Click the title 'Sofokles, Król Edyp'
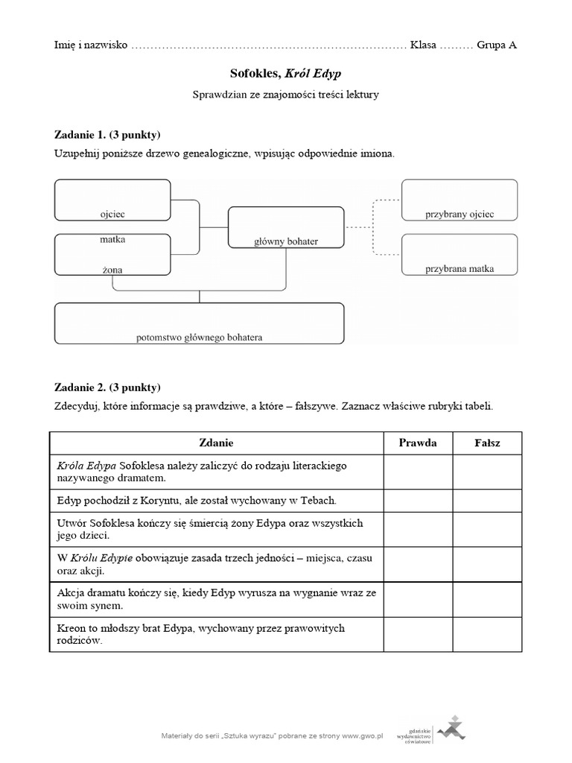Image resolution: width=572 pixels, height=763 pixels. (285, 75)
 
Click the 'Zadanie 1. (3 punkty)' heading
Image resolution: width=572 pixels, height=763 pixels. (107, 135)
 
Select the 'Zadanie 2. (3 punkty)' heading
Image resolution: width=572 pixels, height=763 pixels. (107, 387)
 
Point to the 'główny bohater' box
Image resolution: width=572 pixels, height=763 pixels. (285, 227)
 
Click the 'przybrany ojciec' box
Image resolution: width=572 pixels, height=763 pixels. (459, 200)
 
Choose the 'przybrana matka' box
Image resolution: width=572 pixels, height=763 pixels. (459, 254)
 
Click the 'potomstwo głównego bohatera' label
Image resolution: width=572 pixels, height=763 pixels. (199, 337)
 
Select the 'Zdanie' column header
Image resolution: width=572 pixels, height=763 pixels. (216, 443)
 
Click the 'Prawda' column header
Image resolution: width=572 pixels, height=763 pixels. (418, 443)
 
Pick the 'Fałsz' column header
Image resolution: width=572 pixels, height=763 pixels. (487, 443)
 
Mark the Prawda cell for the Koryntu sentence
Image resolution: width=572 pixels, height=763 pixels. (418, 500)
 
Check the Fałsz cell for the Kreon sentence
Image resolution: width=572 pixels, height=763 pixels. (487, 634)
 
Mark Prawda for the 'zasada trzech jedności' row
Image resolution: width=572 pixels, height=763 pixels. (418, 564)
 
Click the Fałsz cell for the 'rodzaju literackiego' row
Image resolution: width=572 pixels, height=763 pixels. (487, 472)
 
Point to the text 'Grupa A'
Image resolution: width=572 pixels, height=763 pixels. (498, 45)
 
